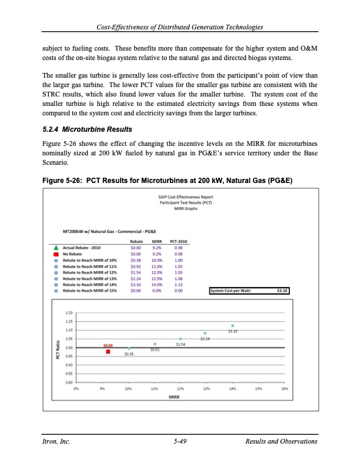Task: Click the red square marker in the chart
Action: click(x=108, y=352)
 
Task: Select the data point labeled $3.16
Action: click(x=233, y=325)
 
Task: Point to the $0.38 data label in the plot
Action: click(x=129, y=354)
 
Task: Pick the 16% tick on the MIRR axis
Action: click(x=284, y=390)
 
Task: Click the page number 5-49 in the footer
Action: click(x=180, y=441)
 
